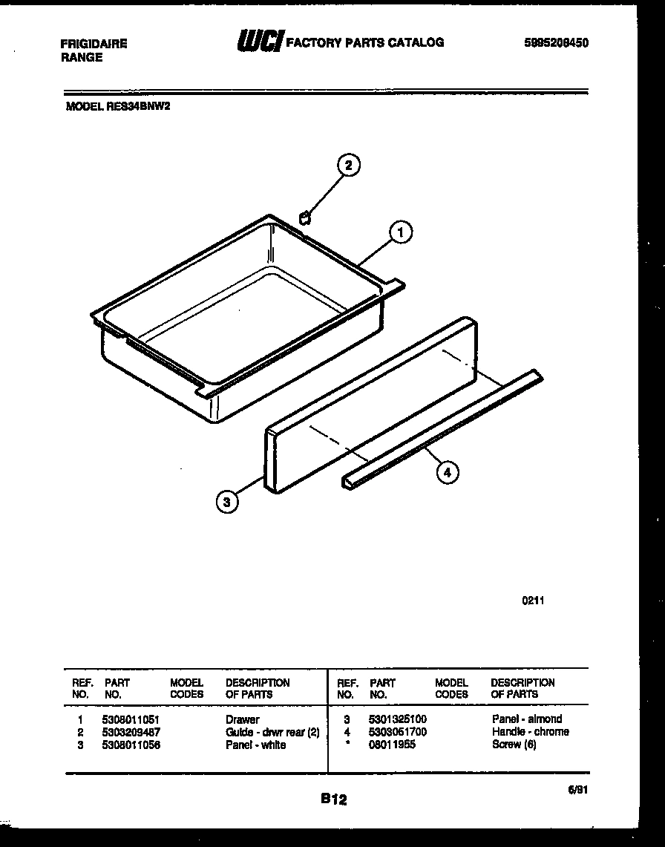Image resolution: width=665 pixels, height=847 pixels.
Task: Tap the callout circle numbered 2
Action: coord(349,165)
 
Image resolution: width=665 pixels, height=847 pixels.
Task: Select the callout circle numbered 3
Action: coord(227,503)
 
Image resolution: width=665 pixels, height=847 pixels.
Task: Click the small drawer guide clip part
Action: coord(304,217)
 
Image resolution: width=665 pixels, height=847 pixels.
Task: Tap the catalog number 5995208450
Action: coord(556,43)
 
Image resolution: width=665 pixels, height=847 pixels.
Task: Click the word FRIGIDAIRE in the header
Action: coord(94,44)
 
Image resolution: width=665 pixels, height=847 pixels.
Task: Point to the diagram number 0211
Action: coord(533,601)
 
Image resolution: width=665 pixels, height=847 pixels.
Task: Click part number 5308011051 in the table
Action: coord(131,719)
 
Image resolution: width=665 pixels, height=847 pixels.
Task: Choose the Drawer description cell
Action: coord(243,719)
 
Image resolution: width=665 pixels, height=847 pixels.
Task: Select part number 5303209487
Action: coord(131,732)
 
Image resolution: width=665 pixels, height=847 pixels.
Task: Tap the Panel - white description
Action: coord(255,745)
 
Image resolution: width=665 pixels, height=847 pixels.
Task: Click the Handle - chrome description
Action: coord(530,732)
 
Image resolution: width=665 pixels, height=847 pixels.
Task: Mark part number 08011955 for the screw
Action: coord(393,745)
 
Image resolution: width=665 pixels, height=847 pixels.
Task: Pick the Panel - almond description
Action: coord(526,719)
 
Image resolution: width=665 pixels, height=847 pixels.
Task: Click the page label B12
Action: coord(334,799)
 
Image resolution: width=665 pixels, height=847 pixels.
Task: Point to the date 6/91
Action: coord(577,792)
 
